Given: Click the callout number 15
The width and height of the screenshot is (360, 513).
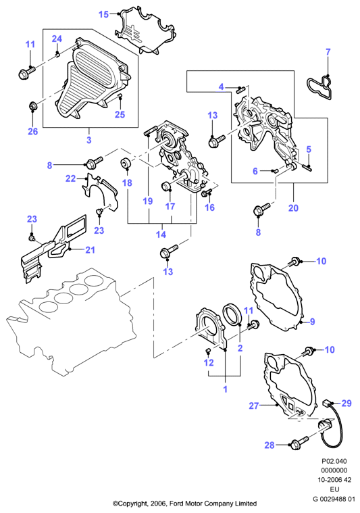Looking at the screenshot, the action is [103, 14].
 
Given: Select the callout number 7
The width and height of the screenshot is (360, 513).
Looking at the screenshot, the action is [328, 51].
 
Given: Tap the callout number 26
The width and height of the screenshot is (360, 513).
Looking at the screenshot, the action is [32, 132].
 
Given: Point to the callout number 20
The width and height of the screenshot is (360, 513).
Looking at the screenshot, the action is [293, 207].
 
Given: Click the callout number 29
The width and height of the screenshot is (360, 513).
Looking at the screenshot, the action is [346, 403].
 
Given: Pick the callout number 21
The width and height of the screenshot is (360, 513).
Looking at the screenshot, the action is [90, 250].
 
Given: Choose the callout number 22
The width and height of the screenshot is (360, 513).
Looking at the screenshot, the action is [71, 178].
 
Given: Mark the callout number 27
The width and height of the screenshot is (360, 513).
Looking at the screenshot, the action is [254, 406].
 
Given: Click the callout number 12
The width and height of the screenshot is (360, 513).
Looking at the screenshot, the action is [209, 362].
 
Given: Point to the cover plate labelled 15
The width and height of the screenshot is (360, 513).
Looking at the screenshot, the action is [145, 31].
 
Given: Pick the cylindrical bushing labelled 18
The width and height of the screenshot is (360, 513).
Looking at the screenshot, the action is [126, 164].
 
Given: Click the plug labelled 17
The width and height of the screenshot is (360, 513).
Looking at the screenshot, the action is [167, 186].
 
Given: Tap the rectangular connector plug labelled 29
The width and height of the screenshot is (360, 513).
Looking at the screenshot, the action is [328, 403].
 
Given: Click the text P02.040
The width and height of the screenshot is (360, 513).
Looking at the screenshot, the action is [334, 461].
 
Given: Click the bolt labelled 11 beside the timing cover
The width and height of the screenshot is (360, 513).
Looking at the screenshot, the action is [27, 72].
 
